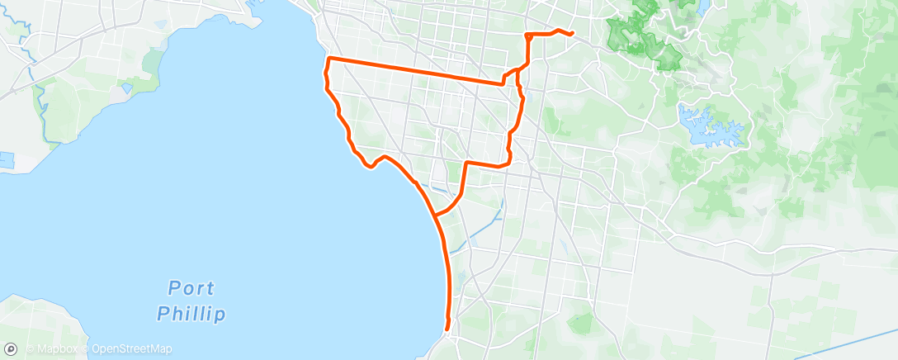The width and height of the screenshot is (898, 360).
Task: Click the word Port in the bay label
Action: point(191,288)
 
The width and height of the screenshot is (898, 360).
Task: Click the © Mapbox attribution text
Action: point(55,349)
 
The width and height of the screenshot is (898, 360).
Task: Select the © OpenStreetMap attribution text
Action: point(132,349)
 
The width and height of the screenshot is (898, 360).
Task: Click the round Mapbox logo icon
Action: point(11,349)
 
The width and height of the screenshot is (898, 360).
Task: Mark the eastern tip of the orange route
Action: point(572,34)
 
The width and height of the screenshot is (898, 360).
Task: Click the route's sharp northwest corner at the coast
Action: point(329,59)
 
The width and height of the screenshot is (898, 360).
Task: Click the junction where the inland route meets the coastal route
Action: point(435,215)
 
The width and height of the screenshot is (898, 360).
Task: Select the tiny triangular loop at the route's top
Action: point(528,37)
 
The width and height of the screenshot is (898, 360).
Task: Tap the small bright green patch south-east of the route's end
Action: point(583,324)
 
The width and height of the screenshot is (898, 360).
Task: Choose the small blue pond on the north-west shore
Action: point(126,86)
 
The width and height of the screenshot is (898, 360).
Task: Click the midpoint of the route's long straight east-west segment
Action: point(416,72)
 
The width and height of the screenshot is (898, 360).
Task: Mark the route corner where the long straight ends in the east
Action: point(503,83)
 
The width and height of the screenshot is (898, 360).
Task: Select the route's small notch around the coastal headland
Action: point(373,163)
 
